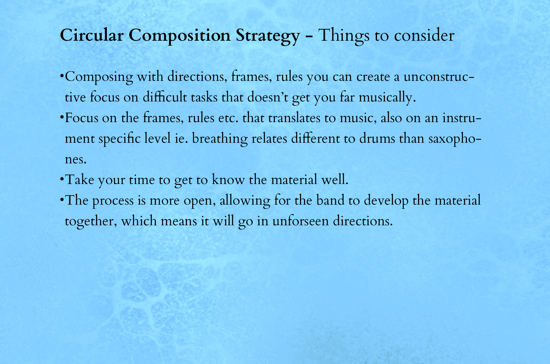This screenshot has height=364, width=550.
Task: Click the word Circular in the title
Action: [92, 35]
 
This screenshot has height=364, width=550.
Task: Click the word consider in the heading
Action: [424, 36]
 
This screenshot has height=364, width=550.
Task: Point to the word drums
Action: [378, 138]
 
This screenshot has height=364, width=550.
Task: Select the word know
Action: [228, 179]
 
